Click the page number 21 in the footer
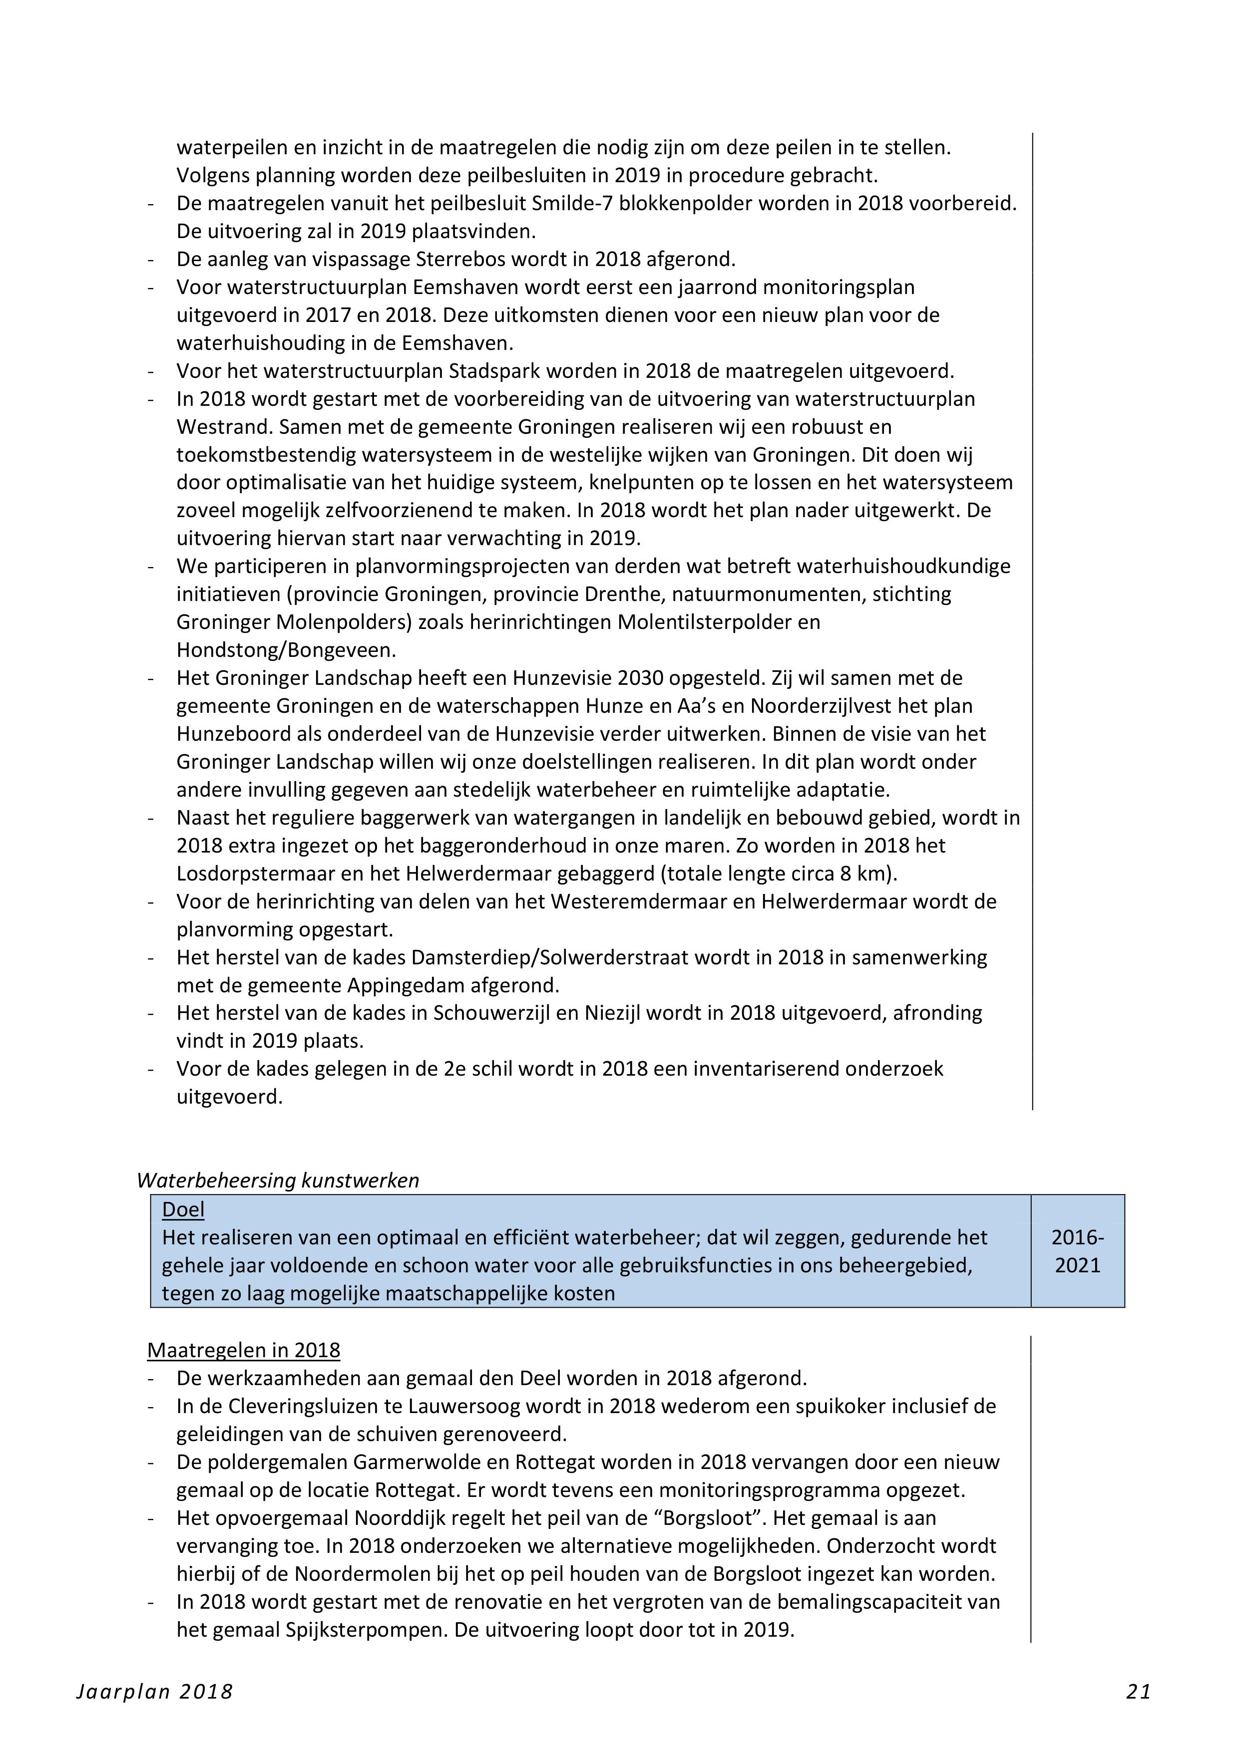[1138, 1692]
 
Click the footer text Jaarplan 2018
[155, 1692]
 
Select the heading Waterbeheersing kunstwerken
[278, 1180]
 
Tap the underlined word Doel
[183, 1209]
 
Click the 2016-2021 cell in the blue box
[1077, 1251]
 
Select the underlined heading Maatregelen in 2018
[243, 1350]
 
